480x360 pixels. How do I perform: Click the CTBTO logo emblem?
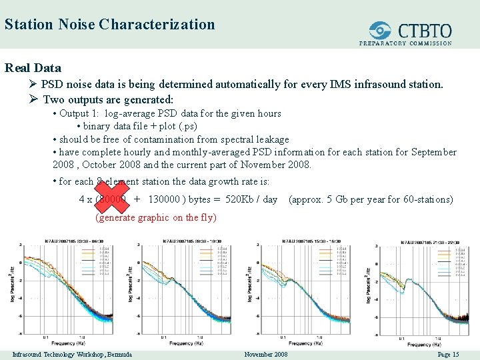(x=381, y=30)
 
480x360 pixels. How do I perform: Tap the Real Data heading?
(x=33, y=67)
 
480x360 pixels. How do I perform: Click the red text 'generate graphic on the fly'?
(x=156, y=217)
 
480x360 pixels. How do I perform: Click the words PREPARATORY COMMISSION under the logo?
(x=405, y=43)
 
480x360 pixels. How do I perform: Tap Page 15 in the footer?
(x=448, y=354)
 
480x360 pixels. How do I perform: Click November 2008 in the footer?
(x=266, y=354)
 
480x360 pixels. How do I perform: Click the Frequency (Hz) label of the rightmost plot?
(x=424, y=344)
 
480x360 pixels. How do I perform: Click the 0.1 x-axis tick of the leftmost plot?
(x=45, y=337)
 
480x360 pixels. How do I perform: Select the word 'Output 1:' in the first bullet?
(x=80, y=113)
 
